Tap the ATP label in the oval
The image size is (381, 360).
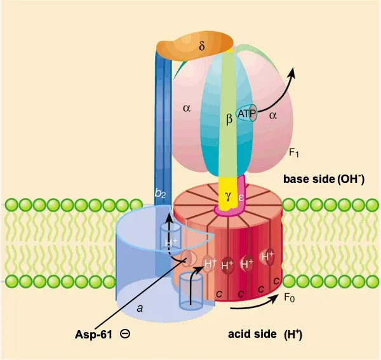pos(246,114)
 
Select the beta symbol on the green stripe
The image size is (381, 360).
pos(229,118)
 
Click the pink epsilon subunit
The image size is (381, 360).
pos(242,197)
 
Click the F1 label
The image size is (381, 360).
pos(294,153)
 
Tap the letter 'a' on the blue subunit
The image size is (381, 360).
pos(140,309)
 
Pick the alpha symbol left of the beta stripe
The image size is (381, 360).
pos(187,108)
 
